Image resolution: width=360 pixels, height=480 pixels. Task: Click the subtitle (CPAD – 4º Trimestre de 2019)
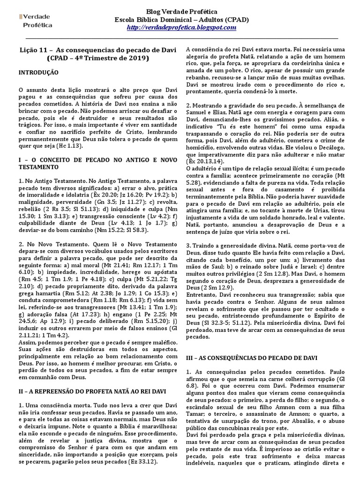coord(97,59)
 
